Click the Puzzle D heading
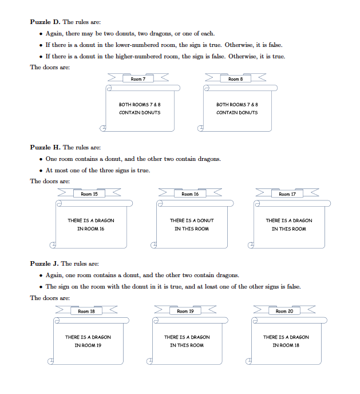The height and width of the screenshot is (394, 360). pyautogui.click(x=45, y=22)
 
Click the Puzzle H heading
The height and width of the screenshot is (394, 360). pyautogui.click(x=45, y=148)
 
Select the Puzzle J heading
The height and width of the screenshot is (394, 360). pyautogui.click(x=45, y=264)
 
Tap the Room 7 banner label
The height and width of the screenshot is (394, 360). pyautogui.click(x=138, y=79)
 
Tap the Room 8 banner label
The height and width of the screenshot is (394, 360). pyautogui.click(x=235, y=79)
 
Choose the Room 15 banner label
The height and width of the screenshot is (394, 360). pyautogui.click(x=89, y=195)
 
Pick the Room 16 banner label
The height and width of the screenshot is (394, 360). pyautogui.click(x=190, y=195)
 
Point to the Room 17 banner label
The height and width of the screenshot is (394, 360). pyautogui.click(x=287, y=195)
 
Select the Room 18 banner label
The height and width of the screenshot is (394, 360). pyautogui.click(x=87, y=312)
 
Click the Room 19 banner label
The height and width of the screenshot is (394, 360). pyautogui.click(x=186, y=312)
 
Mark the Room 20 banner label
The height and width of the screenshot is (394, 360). pyautogui.click(x=284, y=312)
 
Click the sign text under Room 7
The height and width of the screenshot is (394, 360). pyautogui.click(x=140, y=109)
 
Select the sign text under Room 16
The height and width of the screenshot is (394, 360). pyautogui.click(x=192, y=224)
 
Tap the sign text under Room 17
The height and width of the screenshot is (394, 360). pyautogui.click(x=289, y=224)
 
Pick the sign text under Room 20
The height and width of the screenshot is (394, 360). pyautogui.click(x=286, y=341)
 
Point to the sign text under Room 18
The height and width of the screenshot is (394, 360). pyautogui.click(x=88, y=341)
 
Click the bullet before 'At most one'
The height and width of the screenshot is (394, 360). pyautogui.click(x=41, y=171)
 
